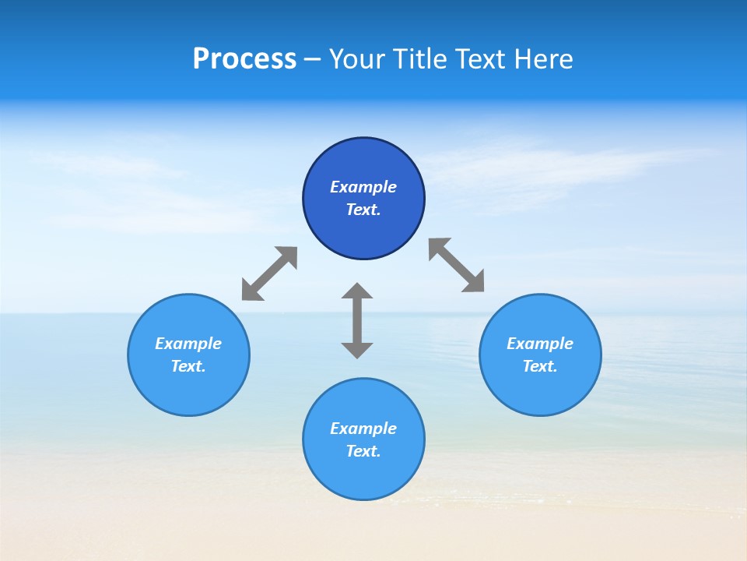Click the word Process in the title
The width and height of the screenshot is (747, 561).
244,59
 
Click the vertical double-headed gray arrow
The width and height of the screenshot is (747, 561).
357,320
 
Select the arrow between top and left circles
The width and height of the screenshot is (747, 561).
269,273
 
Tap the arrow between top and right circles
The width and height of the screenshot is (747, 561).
457,265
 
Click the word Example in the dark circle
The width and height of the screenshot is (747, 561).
363,187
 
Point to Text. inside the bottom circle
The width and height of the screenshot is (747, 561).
363,451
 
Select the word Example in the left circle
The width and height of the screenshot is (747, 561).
188,344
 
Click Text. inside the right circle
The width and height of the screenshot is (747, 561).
540,366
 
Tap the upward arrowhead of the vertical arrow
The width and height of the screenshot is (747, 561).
357,291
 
